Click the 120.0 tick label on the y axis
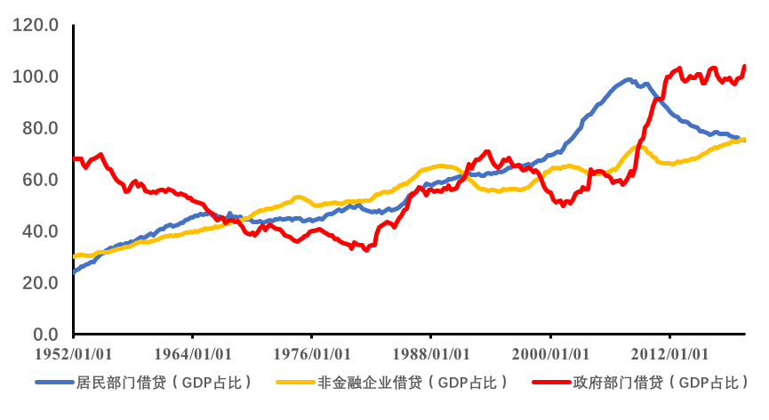point(36,25)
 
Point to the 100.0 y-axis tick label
point(36,77)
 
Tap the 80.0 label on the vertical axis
point(40,128)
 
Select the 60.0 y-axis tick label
point(40,180)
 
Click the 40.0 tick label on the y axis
point(40,231)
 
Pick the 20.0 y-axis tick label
point(40,283)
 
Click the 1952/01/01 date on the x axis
point(73,355)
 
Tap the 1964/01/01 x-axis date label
point(192,355)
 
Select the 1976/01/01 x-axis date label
point(311,355)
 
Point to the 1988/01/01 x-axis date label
point(430,355)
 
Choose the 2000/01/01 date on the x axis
point(550,355)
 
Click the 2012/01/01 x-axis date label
point(669,355)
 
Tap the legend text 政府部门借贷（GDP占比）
point(661,383)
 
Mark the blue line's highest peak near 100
point(628,80)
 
